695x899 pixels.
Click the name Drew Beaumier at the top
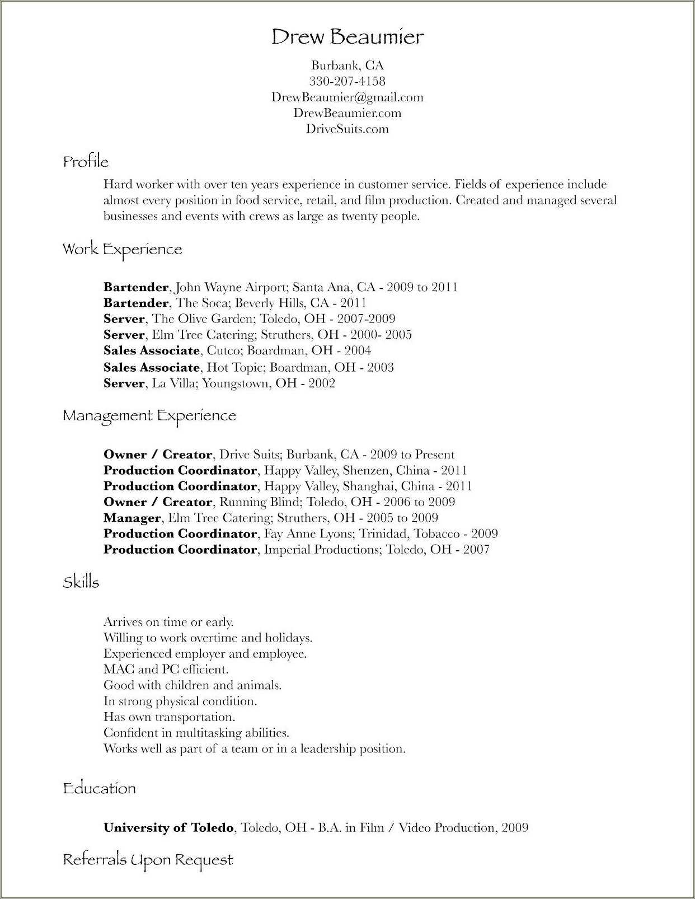pyautogui.click(x=347, y=37)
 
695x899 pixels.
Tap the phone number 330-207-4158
pyautogui.click(x=347, y=81)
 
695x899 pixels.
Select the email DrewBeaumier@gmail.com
pyautogui.click(x=347, y=97)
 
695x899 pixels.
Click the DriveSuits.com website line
pyautogui.click(x=347, y=129)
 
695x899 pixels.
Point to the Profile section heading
pyautogui.click(x=86, y=162)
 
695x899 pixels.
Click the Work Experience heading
pyautogui.click(x=122, y=249)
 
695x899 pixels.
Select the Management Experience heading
pyautogui.click(x=149, y=415)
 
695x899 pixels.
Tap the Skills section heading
pyautogui.click(x=81, y=582)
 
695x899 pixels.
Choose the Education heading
pyautogui.click(x=100, y=788)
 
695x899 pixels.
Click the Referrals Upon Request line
pyautogui.click(x=148, y=859)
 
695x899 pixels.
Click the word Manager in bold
pyautogui.click(x=132, y=518)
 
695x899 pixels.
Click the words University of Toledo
pyautogui.click(x=168, y=827)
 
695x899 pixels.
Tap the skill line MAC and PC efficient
pyautogui.click(x=166, y=669)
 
